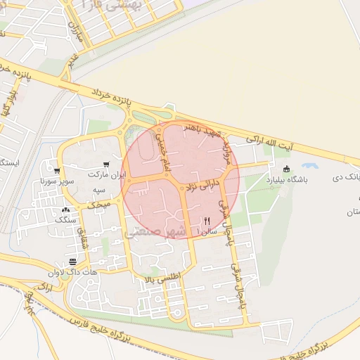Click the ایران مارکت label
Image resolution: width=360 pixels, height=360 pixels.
108,174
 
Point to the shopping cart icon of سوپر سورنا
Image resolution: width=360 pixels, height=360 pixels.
56,171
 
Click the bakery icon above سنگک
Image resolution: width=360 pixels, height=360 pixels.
66,210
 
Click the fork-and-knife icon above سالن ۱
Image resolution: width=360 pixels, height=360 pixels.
207,220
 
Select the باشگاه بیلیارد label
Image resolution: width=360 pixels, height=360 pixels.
286,179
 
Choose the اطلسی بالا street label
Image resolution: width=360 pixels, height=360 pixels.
163,279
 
